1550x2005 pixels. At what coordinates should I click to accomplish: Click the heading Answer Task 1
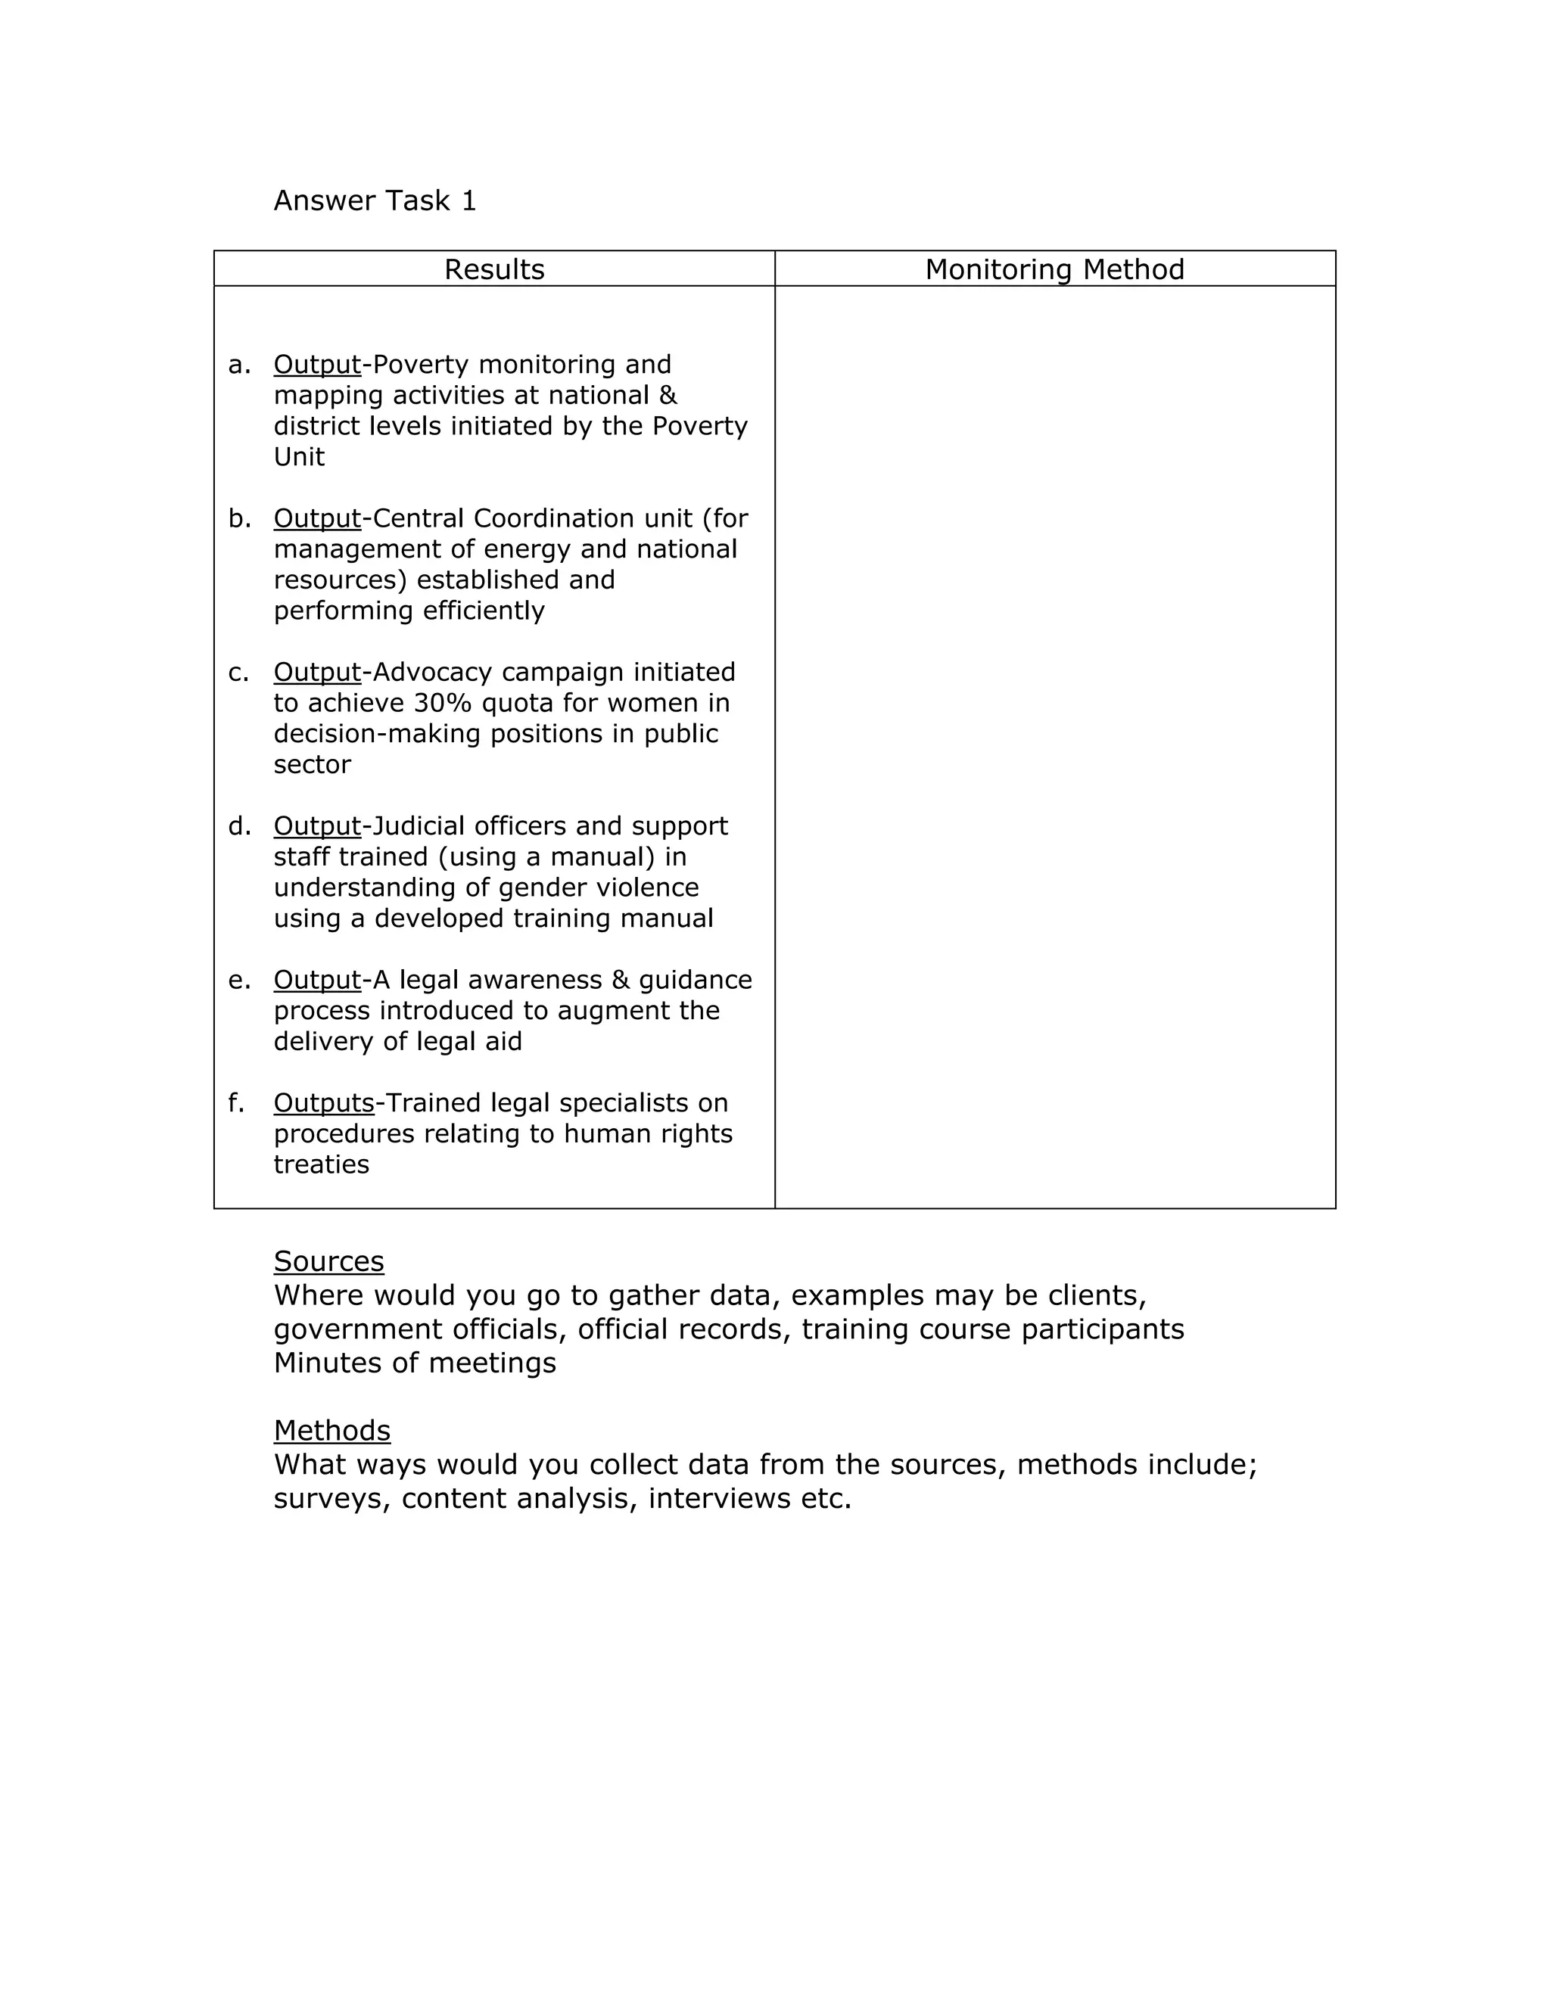375,201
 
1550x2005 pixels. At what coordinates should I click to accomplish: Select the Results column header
494,269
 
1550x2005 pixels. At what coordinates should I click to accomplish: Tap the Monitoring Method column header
1054,269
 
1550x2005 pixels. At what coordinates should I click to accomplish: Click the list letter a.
238,365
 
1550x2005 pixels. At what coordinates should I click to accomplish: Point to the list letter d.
238,826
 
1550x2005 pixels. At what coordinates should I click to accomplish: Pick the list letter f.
237,1102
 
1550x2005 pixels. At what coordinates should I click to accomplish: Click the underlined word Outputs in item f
323,1102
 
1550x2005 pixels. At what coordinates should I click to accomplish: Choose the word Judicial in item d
412,826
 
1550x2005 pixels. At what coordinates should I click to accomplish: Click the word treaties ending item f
322,1164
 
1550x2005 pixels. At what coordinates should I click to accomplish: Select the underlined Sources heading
328,1261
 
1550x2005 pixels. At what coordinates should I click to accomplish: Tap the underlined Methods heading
331,1430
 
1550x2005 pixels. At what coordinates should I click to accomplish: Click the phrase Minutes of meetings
414,1363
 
